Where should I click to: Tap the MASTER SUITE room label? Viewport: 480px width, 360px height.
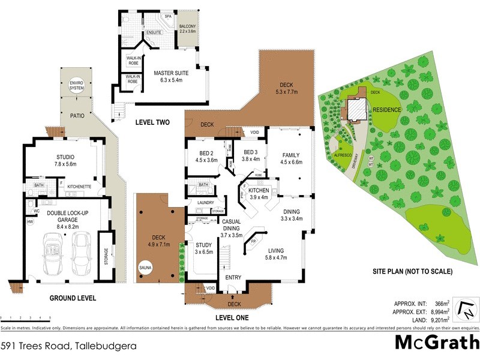171,76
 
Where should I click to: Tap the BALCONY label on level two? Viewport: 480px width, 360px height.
188,29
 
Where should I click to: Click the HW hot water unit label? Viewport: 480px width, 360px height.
30,221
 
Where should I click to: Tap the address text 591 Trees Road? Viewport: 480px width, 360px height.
68,346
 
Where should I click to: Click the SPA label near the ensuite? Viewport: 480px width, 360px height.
168,17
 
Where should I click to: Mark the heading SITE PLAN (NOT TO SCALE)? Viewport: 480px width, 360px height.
412,271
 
